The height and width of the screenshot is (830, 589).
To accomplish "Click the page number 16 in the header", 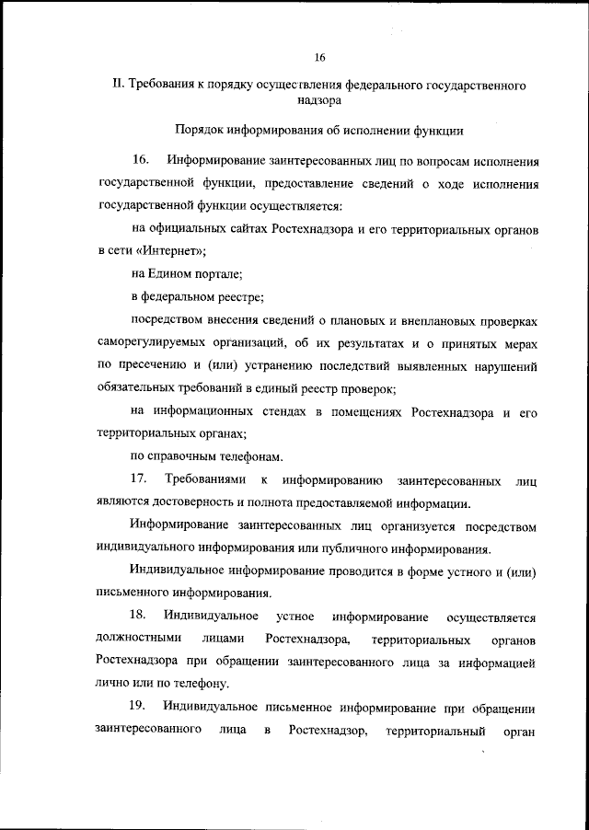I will [319, 57].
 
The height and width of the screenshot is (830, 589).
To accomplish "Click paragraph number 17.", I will [140, 479].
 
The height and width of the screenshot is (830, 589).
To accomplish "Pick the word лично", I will [113, 684].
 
